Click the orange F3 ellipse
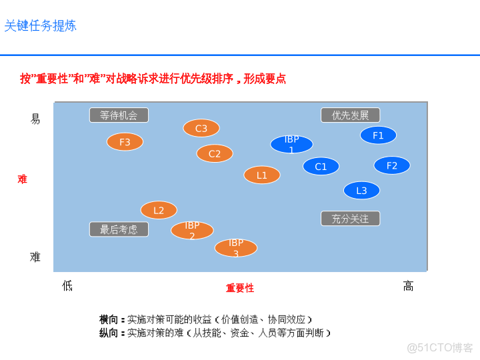pos(125,142)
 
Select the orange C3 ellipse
pos(201,128)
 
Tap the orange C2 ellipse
pos(215,154)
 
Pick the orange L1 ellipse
pos(262,175)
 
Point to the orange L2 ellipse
pos(159,211)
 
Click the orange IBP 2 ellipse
pos(192,231)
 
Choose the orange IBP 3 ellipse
pos(236,248)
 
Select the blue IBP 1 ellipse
pos(291,144)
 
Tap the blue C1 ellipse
pos(321,167)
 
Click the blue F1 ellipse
pos(378,135)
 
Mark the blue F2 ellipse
pos(392,165)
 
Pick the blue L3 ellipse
pos(361,191)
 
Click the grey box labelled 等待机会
pos(119,115)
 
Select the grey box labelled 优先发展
pos(350,115)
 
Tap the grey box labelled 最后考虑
pos(119,229)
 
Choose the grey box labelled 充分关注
pos(350,219)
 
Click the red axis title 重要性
pos(240,288)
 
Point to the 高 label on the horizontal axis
pos(408,286)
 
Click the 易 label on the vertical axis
pos(35,119)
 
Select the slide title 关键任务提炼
pos(41,26)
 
